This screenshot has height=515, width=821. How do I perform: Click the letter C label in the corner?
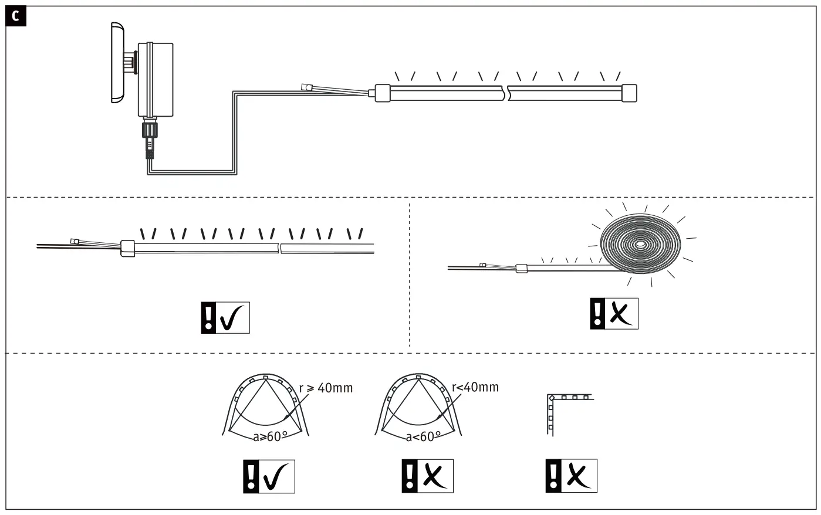pyautogui.click(x=15, y=16)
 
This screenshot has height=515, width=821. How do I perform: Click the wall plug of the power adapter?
pyautogui.click(x=117, y=63)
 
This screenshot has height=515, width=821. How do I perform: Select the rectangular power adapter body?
pyautogui.click(x=156, y=79)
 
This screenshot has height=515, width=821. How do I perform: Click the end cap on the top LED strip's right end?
pyautogui.click(x=629, y=93)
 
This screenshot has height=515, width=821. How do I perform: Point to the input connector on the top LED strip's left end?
pyautogui.click(x=383, y=93)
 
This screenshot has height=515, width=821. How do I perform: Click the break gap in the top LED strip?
pyautogui.click(x=507, y=93)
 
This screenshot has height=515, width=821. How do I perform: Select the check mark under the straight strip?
pyautogui.click(x=233, y=317)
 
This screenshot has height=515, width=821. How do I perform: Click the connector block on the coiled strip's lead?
pyautogui.click(x=522, y=269)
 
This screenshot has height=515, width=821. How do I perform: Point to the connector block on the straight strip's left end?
pyautogui.click(x=128, y=248)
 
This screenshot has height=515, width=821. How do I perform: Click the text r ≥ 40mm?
pyautogui.click(x=326, y=388)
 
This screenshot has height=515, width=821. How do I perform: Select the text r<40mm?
pyautogui.click(x=475, y=387)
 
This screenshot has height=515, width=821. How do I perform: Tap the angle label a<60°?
pyautogui.click(x=423, y=436)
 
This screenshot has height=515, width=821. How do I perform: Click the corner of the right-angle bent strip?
pyautogui.click(x=551, y=398)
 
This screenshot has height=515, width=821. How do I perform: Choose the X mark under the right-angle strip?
pyautogui.click(x=579, y=476)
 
